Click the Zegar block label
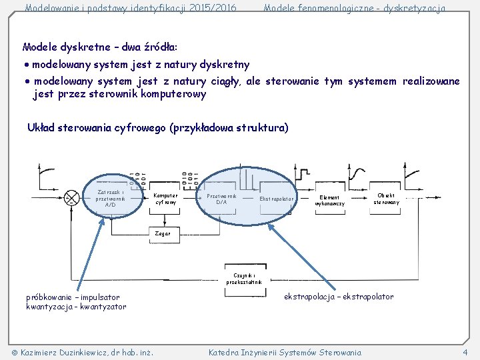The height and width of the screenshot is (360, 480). point(163,233)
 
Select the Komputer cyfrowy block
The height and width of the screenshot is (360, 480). point(165,199)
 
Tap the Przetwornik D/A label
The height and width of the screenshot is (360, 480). point(221,199)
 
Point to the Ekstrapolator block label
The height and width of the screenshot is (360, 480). point(277,199)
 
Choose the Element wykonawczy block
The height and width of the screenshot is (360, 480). point(330,200)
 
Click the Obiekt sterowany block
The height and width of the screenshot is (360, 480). point(386,199)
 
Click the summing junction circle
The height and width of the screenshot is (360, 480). point(71,199)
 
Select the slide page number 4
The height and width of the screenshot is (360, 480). point(465,352)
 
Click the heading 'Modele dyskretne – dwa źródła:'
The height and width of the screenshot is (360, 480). point(99,47)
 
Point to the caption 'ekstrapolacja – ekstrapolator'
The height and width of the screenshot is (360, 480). point(339,296)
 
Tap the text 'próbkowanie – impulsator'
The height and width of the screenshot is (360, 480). point(73,297)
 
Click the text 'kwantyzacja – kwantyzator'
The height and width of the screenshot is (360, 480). point(76,307)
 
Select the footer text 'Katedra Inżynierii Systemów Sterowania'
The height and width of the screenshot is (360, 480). point(285,352)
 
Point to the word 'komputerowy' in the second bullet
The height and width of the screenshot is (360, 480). point(175,94)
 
